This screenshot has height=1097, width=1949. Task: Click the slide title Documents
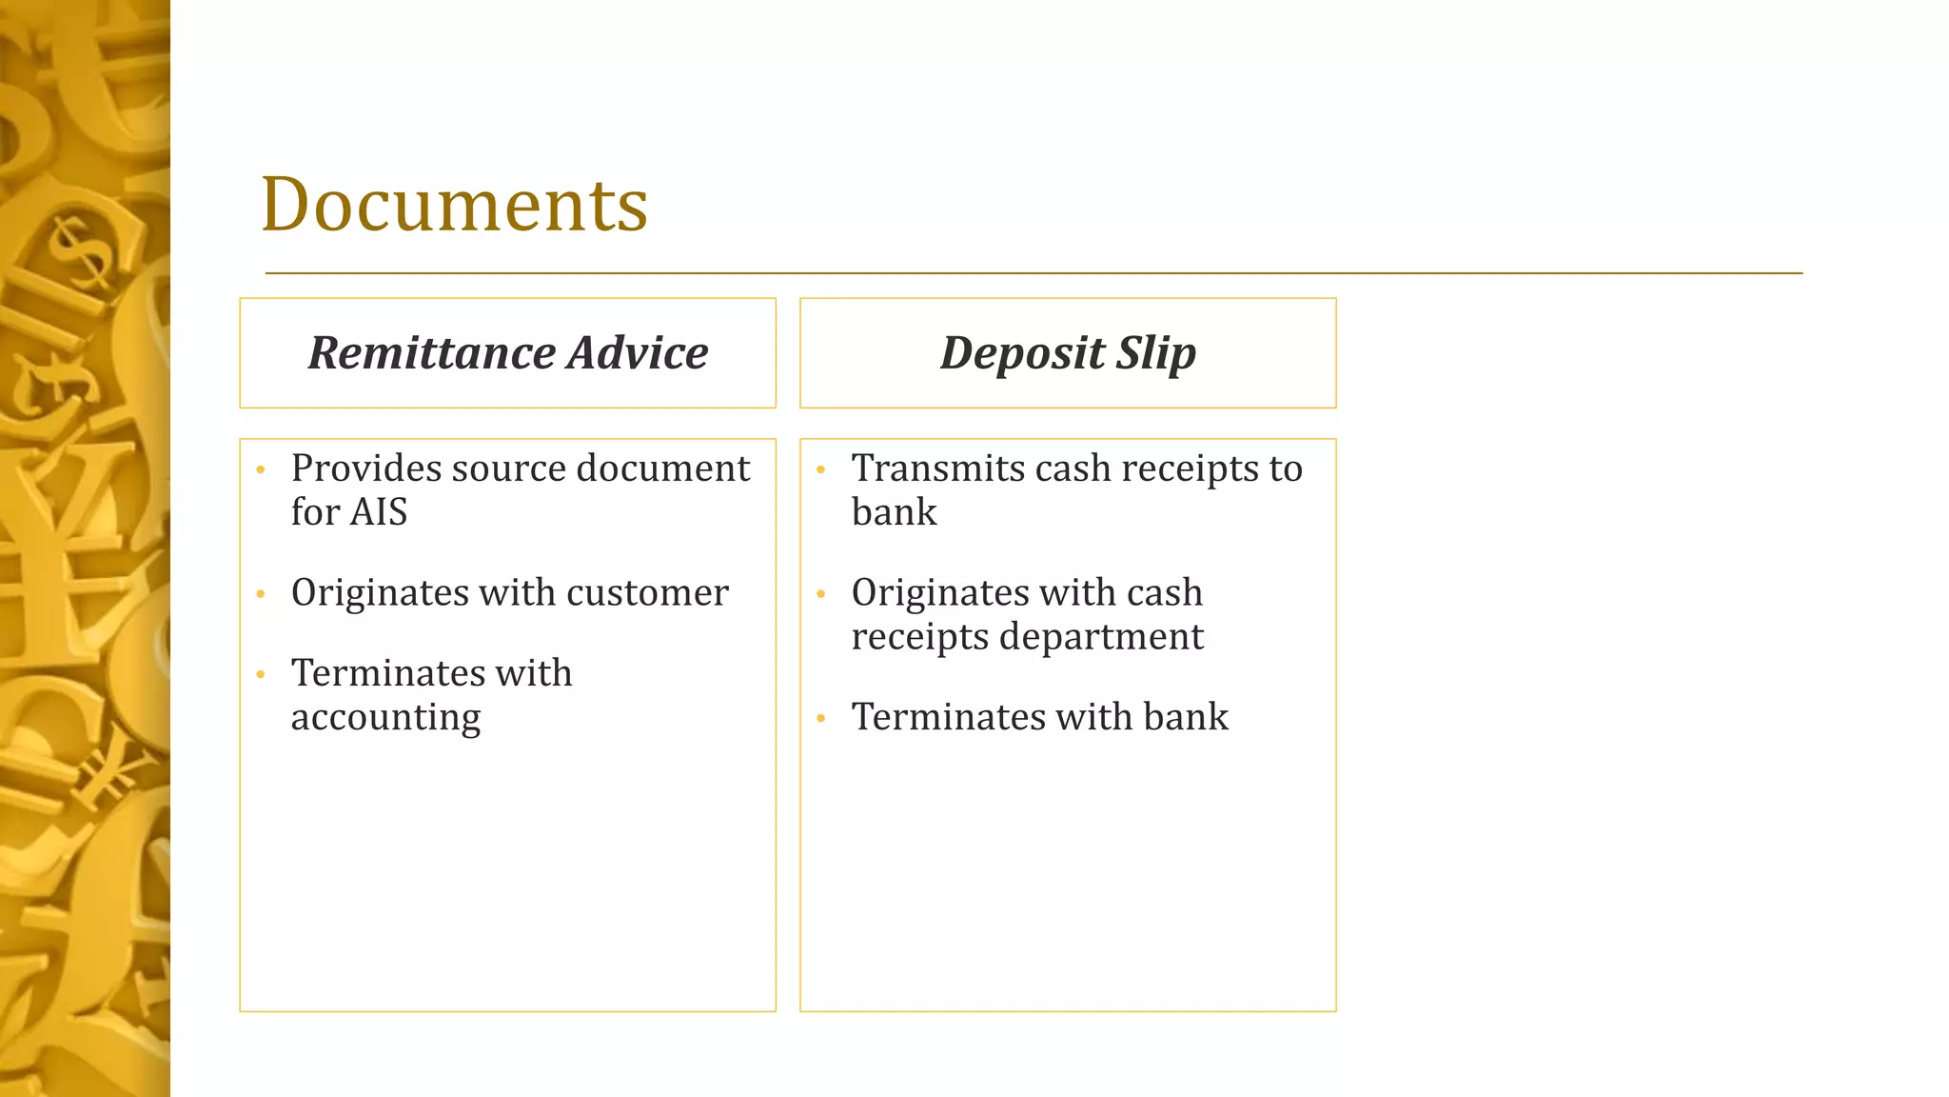(x=454, y=205)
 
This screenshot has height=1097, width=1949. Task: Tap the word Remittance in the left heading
(x=432, y=353)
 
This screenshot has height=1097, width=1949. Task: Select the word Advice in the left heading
(x=638, y=353)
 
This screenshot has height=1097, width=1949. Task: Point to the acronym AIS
(x=379, y=512)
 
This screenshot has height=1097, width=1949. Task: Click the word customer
(x=647, y=593)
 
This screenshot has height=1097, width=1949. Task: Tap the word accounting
(x=385, y=718)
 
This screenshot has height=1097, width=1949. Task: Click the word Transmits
(x=937, y=469)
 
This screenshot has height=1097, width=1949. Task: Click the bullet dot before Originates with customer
(x=261, y=594)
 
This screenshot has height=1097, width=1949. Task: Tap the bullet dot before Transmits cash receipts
(x=820, y=469)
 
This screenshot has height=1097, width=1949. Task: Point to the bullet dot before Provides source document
(x=261, y=469)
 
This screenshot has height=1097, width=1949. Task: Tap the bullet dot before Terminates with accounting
(x=261, y=675)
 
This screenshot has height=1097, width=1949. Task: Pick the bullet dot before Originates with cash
(x=820, y=594)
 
